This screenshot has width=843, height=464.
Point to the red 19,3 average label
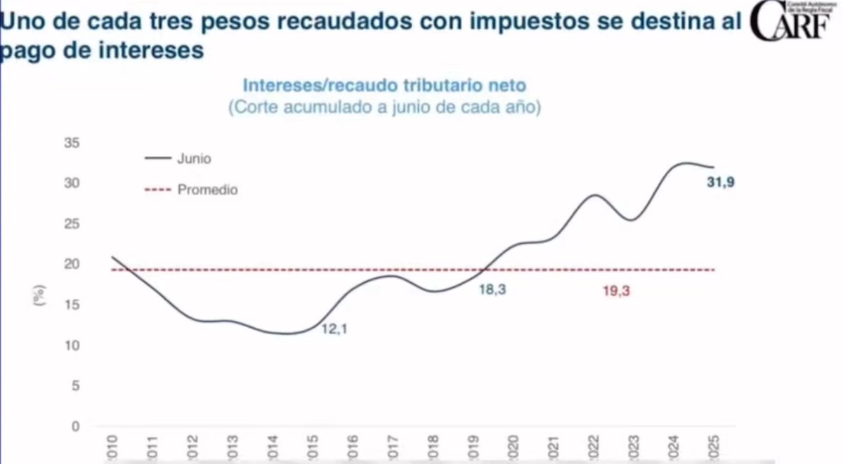point(616,290)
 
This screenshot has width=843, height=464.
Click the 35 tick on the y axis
point(73,143)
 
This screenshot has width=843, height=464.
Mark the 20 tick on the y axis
point(73,265)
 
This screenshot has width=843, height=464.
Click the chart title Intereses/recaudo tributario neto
point(384,86)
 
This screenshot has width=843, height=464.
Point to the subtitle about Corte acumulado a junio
point(384,109)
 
